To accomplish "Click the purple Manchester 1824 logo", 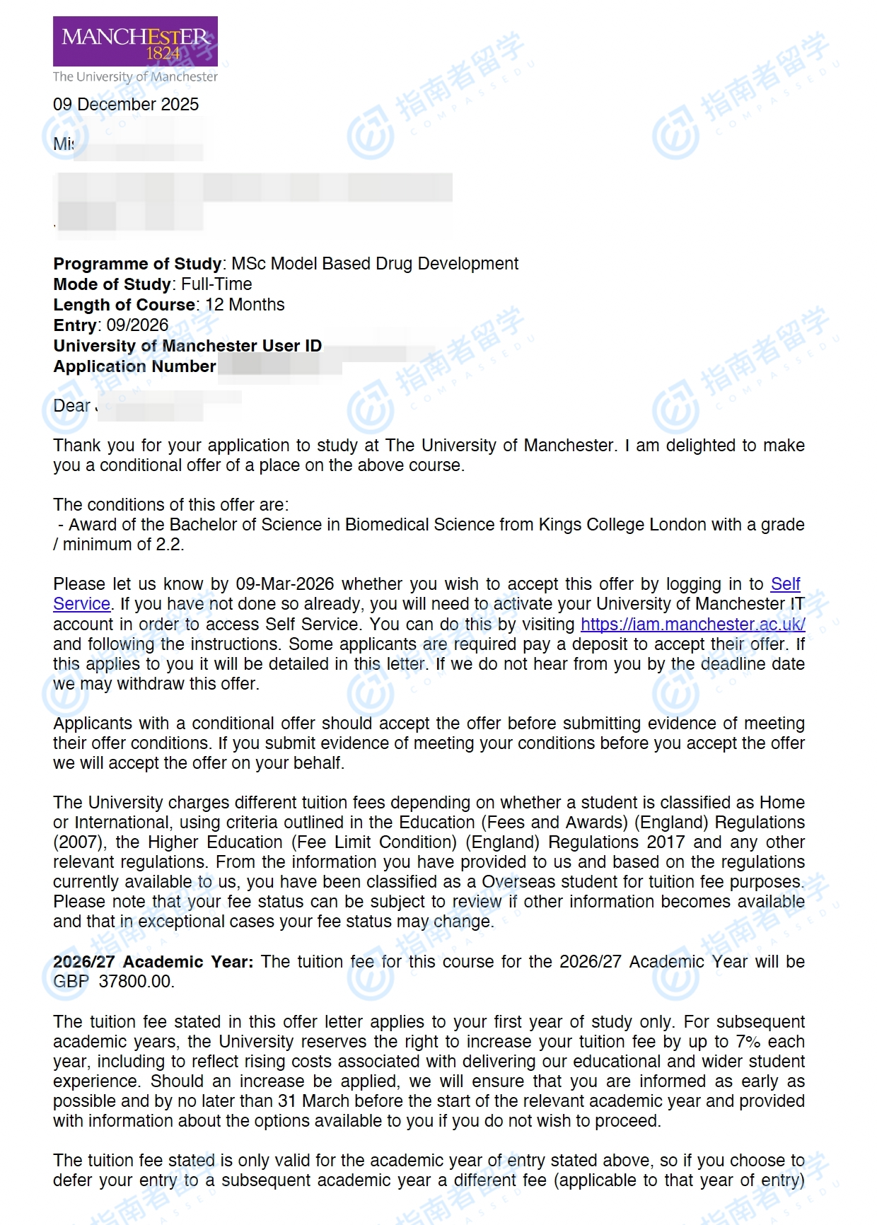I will [135, 41].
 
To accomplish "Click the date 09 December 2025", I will [126, 105].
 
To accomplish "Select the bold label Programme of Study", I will [137, 264].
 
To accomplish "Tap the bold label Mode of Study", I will [112, 284].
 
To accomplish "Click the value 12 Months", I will [245, 305].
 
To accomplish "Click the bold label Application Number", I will [134, 366].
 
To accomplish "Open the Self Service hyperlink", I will [785, 584].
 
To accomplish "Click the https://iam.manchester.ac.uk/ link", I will [692, 625].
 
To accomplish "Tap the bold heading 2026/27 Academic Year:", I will [152, 962].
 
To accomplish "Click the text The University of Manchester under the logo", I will [135, 76].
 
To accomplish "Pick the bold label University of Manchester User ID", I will [187, 346].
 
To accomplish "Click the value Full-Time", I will [216, 284].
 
